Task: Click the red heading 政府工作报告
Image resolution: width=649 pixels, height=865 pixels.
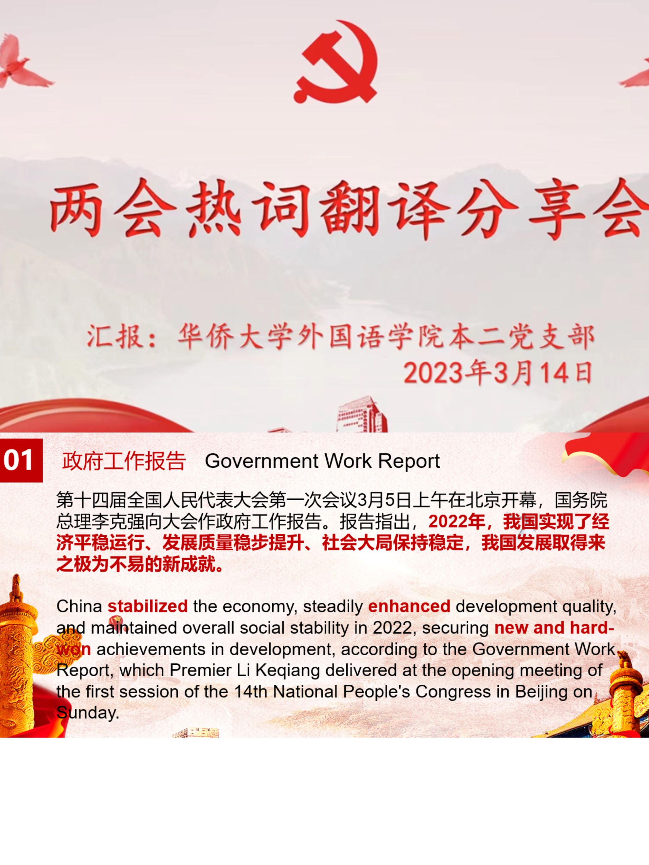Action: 124,461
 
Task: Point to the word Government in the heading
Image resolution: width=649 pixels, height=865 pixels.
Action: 261,461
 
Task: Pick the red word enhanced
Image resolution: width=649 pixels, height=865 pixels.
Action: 409,606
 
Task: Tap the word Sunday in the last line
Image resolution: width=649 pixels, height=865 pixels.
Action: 88,713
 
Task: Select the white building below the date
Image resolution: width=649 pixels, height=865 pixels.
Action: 362,414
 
